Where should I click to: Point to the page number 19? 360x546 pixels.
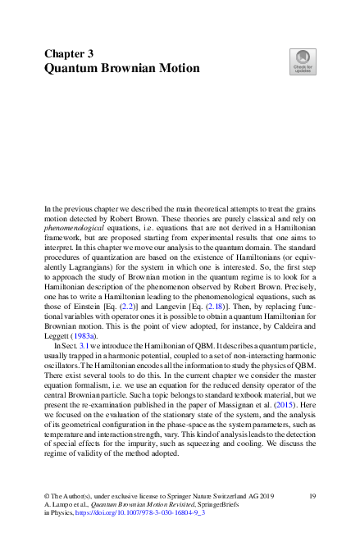(x=312, y=497)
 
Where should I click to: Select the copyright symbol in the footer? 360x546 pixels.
(x=47, y=497)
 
